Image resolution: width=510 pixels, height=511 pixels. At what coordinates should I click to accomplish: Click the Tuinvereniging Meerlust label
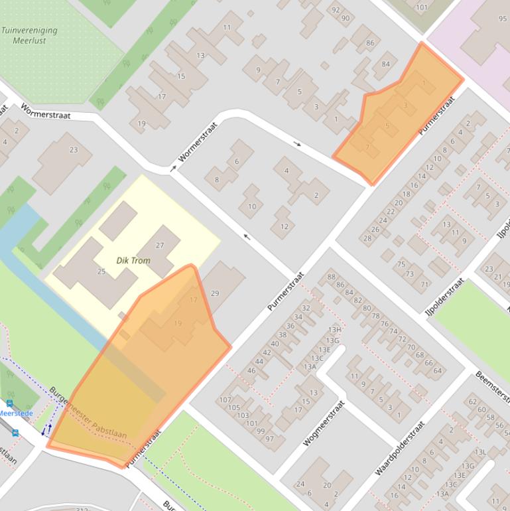[29, 35]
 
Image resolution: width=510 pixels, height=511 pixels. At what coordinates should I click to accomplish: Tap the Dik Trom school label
[133, 261]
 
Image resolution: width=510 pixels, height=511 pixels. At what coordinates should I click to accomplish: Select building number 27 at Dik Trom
[160, 246]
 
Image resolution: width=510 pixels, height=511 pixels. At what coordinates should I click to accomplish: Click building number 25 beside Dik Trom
[101, 271]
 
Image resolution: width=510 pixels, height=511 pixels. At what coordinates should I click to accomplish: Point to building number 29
[214, 293]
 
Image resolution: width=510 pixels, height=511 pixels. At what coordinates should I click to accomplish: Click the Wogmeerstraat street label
[325, 422]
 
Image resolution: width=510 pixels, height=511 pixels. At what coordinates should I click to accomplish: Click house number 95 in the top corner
[503, 19]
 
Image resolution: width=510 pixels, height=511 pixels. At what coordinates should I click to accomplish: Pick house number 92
[336, 9]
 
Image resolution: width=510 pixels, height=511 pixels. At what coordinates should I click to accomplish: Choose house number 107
[225, 400]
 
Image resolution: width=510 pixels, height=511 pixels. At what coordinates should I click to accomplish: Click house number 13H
[334, 330]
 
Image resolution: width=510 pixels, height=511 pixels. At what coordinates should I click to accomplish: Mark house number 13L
[480, 452]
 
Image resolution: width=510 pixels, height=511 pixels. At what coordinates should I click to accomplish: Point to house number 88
[332, 277]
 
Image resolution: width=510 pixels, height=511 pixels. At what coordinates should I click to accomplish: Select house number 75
[401, 264]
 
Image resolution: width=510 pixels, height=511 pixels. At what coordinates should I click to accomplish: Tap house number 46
[251, 370]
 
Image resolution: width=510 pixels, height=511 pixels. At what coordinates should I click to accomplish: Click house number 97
[269, 439]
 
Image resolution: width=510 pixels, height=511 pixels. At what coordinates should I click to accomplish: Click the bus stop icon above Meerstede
[9, 403]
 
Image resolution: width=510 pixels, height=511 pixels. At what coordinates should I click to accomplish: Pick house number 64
[438, 370]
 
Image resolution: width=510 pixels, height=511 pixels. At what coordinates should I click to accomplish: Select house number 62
[473, 402]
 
